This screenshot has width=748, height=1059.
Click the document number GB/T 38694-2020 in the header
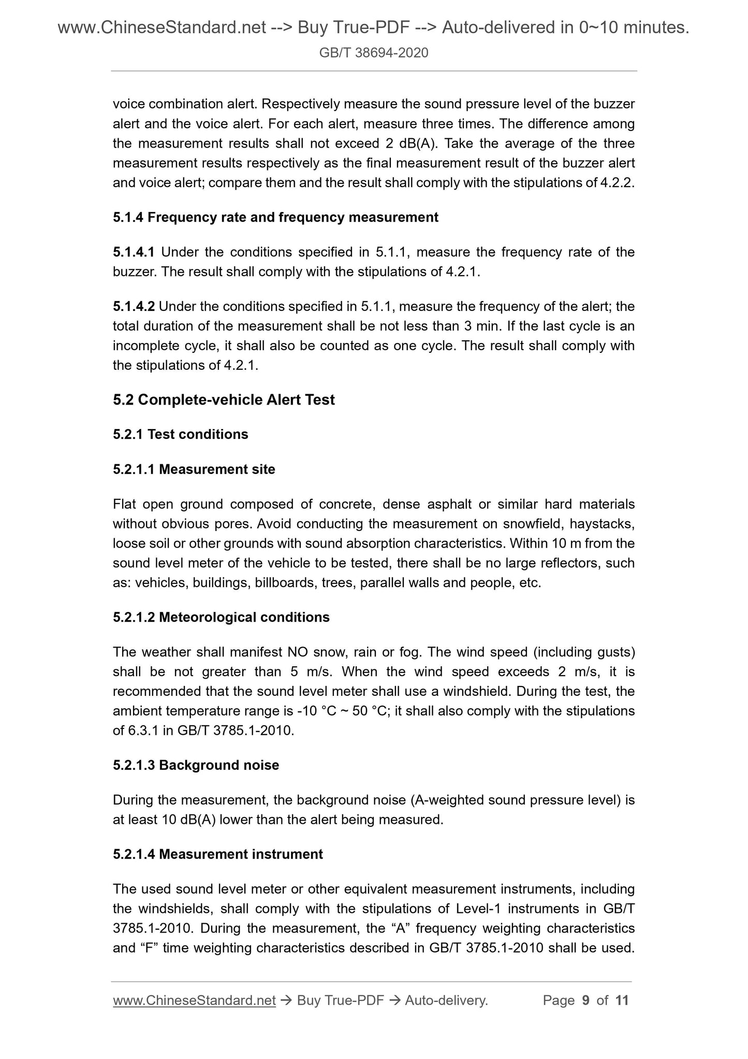374,52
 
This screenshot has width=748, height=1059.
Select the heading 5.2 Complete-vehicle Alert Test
224,400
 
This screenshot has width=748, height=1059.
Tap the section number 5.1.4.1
134,252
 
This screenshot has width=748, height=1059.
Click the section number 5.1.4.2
134,307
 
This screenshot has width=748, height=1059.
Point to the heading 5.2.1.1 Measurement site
194,469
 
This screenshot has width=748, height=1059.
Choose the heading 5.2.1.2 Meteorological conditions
221,617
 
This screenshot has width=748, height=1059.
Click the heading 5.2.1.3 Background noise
196,765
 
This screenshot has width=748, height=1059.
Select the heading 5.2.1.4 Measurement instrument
218,854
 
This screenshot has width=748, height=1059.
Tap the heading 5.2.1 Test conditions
181,434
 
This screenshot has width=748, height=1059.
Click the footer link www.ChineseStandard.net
194,1000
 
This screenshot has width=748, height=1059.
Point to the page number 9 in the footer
585,1000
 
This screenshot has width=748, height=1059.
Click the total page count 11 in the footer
622,1000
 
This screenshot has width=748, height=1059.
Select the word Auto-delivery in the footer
446,1000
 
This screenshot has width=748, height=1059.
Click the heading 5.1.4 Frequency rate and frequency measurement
275,218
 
